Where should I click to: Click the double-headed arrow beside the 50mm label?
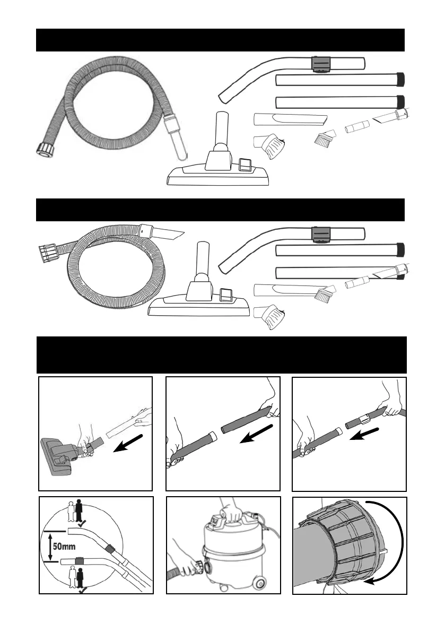coord(49,547)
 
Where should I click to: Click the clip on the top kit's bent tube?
coord(320,65)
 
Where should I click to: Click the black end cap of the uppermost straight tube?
coord(401,80)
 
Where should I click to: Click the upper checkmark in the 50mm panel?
coord(81,523)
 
